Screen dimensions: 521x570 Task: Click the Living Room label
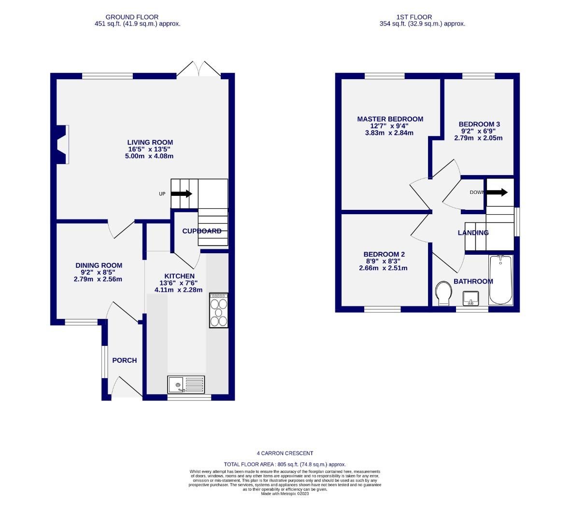(x=150, y=142)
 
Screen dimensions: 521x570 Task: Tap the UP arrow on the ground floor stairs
(x=181, y=193)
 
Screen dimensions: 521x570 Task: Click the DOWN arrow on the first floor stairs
(x=497, y=192)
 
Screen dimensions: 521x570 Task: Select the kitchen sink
(x=186, y=385)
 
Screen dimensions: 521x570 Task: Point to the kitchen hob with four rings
(x=218, y=310)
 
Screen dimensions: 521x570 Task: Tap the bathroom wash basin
(x=470, y=299)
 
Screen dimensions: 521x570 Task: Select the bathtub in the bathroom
(x=500, y=280)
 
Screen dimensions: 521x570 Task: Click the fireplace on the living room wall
(x=61, y=145)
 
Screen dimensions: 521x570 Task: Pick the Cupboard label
(x=201, y=231)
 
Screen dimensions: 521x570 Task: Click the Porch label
(x=125, y=360)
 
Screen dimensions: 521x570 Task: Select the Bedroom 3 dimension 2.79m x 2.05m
(x=478, y=138)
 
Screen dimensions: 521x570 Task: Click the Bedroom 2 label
(x=384, y=255)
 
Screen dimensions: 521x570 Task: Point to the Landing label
(x=473, y=233)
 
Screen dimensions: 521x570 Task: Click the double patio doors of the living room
(x=199, y=69)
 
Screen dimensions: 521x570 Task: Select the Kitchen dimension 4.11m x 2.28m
(x=178, y=290)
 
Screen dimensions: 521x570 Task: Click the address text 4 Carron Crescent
(x=285, y=453)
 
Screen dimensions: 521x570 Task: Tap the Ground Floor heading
(x=132, y=17)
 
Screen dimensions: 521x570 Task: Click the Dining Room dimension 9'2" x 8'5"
(x=99, y=272)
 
